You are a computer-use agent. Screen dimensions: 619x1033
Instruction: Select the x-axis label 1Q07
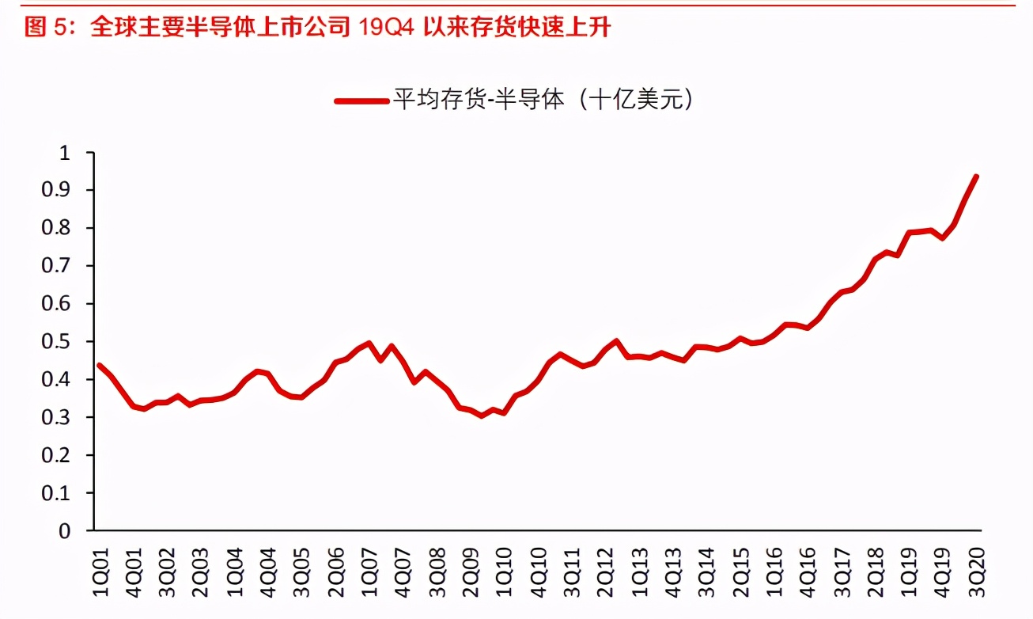point(369,565)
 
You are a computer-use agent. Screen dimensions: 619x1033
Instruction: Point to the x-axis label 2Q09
point(470,565)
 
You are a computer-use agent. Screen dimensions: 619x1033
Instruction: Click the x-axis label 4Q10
point(537,565)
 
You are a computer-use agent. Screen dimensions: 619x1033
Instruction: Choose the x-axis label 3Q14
point(706,565)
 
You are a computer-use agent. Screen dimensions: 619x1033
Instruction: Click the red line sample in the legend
point(361,101)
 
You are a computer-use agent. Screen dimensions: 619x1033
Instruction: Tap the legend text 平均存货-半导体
point(479,101)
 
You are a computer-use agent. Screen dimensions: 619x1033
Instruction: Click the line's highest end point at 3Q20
point(976,177)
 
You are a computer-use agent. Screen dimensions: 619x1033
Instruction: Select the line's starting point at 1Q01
point(99,365)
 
